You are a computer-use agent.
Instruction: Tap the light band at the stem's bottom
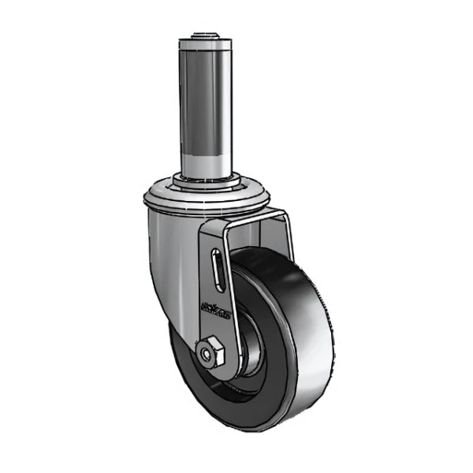[x=208, y=162]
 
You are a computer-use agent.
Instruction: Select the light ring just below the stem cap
[x=208, y=50]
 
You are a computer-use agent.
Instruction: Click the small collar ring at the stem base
[x=208, y=180]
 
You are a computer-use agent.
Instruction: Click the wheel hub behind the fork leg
[x=251, y=347]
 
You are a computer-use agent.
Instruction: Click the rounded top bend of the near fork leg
[x=217, y=225]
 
